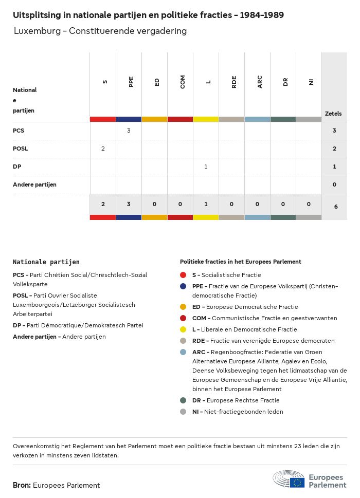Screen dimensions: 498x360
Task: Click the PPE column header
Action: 131,82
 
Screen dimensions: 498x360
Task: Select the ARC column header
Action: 260,82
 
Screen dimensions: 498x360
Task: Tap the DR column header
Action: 285,82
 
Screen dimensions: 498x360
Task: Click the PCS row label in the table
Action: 19,131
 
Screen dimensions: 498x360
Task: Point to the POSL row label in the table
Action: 21,149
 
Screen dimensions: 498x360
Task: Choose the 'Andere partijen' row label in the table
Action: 34,185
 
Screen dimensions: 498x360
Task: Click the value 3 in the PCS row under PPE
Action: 129,131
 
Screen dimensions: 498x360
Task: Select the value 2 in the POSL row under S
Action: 103,149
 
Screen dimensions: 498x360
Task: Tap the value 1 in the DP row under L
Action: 206,167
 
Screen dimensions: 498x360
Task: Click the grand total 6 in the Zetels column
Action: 334,207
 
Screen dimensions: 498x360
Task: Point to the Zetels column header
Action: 333,114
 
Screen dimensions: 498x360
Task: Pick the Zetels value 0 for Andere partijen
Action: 334,185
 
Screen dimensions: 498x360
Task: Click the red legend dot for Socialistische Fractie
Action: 184,275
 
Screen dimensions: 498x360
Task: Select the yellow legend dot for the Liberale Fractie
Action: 184,329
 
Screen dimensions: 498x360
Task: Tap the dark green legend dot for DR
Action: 184,400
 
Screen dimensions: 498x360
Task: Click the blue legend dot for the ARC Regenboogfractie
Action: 184,352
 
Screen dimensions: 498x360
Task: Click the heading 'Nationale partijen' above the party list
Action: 46,262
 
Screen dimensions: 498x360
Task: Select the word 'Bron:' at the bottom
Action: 22,485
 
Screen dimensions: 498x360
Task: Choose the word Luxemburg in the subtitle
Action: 37,31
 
